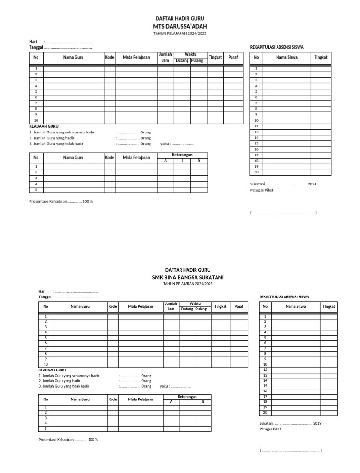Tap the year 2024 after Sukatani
(x=312, y=184)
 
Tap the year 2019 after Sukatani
(x=317, y=423)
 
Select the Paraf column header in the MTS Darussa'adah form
(x=233, y=57)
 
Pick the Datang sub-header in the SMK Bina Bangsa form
(x=187, y=309)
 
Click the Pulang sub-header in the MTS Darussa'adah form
(x=197, y=61)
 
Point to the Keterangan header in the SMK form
(x=187, y=396)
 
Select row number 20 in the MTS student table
(x=256, y=172)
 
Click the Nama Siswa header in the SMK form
(x=296, y=306)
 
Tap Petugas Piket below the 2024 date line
(x=262, y=190)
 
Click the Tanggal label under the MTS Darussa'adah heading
(x=36, y=47)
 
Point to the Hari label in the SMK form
(x=42, y=291)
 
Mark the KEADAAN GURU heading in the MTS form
(x=44, y=126)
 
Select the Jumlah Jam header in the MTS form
(x=165, y=57)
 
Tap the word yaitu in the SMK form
(x=164, y=386)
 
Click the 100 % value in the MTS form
(x=88, y=201)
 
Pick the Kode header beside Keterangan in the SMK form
(x=112, y=399)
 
